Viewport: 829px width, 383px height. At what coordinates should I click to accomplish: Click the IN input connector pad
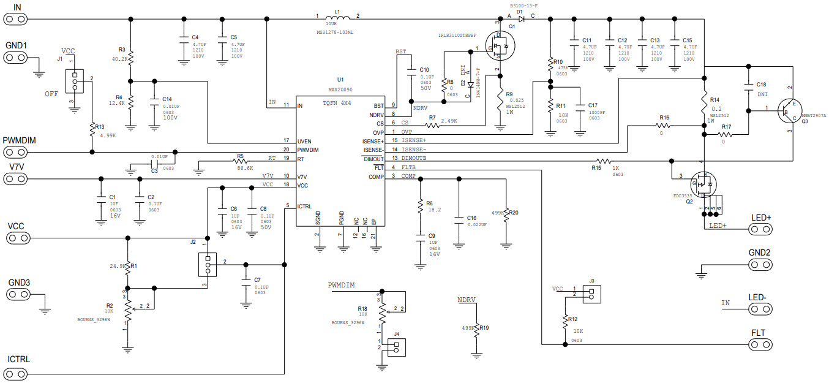point(17,18)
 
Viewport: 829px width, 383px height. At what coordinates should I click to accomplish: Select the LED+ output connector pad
point(760,230)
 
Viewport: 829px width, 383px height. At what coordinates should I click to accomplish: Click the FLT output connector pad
point(760,344)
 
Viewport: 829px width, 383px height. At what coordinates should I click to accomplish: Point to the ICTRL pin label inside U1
point(306,206)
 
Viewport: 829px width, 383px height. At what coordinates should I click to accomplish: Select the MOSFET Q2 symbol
point(703,183)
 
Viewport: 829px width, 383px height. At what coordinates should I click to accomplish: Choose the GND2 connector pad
point(760,265)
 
